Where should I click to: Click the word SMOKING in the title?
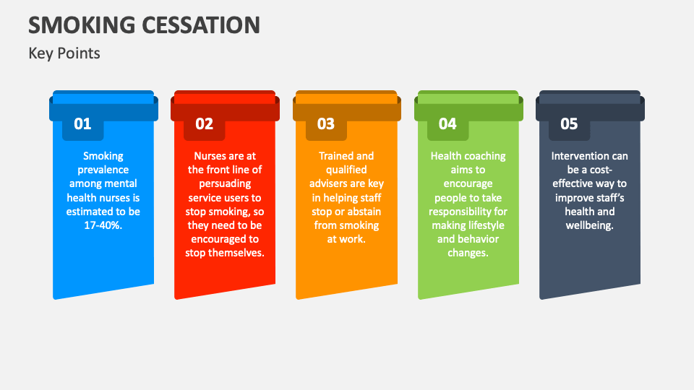pos(82,25)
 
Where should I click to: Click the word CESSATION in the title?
pos(201,25)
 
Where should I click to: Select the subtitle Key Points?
pos(64,53)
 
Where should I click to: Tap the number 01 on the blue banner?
pos(82,123)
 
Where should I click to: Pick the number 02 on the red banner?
pos(204,123)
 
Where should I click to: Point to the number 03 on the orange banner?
pos(326,123)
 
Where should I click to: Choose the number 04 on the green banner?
pos(447,123)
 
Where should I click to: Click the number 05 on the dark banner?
pos(569,123)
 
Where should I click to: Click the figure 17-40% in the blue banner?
pos(103,225)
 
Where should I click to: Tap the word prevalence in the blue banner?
pos(103,170)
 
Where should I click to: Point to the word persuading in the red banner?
pos(225,183)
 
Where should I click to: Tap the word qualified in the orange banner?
pos(346,170)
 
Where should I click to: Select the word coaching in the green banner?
pos(484,156)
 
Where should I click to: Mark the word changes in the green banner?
pos(468,253)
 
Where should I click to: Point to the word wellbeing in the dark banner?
pos(590,225)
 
